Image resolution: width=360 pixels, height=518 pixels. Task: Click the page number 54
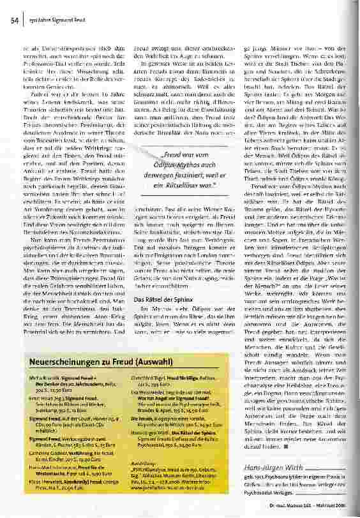point(13,21)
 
